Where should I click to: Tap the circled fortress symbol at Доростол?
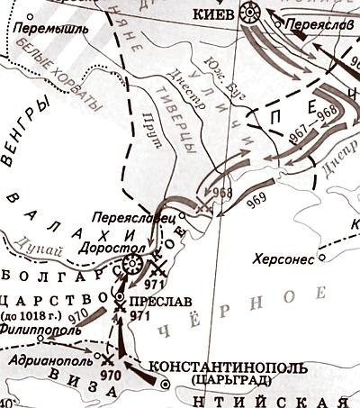point(131,265)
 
